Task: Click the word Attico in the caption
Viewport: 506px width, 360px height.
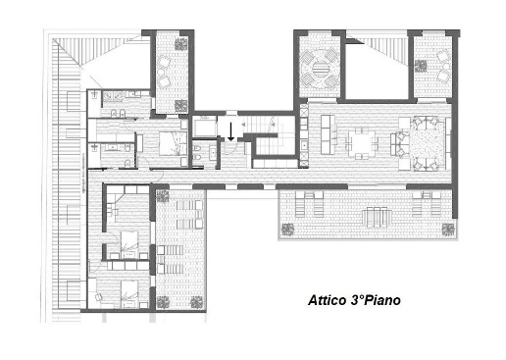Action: (x=328, y=300)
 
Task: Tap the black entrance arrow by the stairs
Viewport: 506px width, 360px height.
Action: (x=230, y=131)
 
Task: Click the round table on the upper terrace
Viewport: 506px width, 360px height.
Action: (x=319, y=69)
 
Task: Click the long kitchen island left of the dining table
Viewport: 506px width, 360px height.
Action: (x=326, y=134)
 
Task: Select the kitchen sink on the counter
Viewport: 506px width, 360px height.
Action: (x=304, y=144)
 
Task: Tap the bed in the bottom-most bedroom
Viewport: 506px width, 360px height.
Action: (x=129, y=294)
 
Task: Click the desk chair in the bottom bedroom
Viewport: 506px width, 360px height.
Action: (x=99, y=297)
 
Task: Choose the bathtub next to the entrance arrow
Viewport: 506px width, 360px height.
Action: (x=205, y=126)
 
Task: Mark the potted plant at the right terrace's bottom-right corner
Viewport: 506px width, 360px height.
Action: (x=448, y=229)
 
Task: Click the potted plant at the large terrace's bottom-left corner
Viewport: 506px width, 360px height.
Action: (x=288, y=230)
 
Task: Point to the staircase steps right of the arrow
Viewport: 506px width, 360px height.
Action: (x=262, y=125)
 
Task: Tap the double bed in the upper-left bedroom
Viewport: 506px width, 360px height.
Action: (x=171, y=143)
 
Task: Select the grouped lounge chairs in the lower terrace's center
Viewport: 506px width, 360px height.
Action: (x=377, y=217)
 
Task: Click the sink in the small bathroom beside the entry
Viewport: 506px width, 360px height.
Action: (x=213, y=152)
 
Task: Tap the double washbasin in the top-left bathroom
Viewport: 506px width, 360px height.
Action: (x=112, y=95)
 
